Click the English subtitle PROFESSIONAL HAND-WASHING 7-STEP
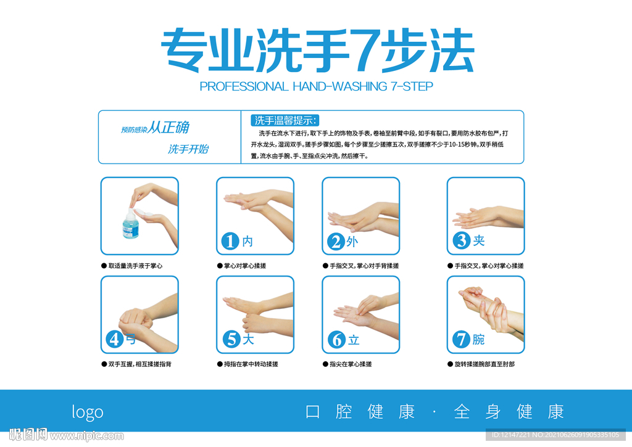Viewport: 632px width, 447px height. (x=316, y=86)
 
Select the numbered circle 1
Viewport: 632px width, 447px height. (x=230, y=241)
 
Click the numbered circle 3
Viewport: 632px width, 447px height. (x=461, y=240)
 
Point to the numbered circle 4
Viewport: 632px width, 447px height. (x=115, y=339)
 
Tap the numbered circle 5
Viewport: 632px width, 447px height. (x=231, y=339)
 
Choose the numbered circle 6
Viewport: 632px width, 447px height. (x=336, y=340)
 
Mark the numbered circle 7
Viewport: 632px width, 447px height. (x=461, y=339)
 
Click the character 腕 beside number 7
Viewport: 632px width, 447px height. (x=479, y=339)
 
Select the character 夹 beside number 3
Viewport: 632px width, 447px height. (x=479, y=240)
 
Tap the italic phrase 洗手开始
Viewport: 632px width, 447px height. (x=188, y=149)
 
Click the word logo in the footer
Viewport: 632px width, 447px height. (x=88, y=412)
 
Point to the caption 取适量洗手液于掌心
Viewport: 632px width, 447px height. (x=135, y=266)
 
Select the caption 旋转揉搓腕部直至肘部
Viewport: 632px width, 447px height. (x=484, y=364)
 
